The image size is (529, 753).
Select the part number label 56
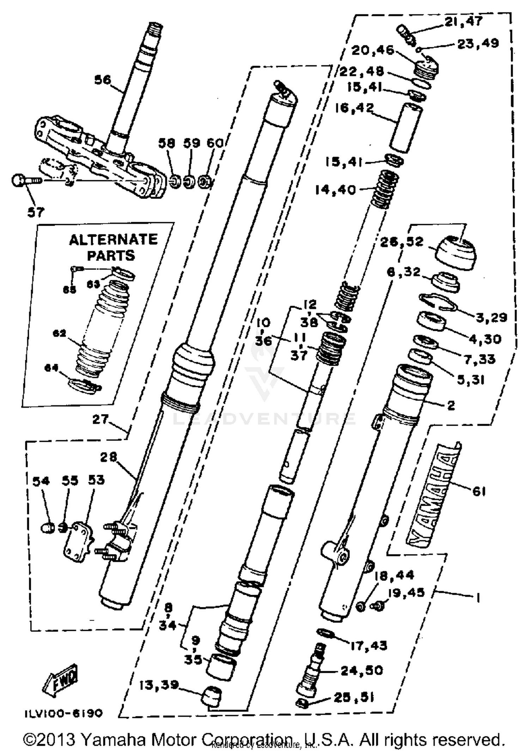point(103,80)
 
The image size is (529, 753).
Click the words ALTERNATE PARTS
point(113,247)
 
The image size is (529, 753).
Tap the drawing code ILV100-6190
point(63,713)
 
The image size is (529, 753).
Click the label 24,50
point(361,670)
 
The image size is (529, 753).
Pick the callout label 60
point(215,143)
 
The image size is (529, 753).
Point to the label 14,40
point(335,190)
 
